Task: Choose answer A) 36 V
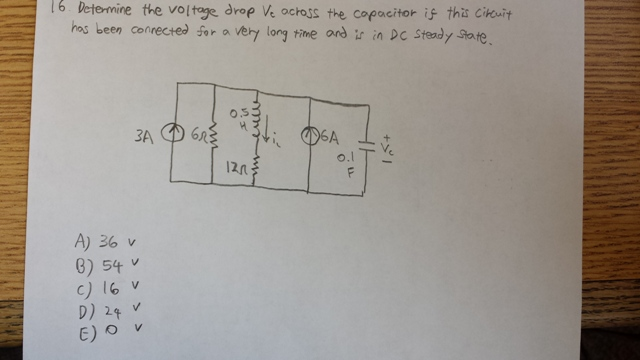pos(105,241)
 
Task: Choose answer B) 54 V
pos(105,266)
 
